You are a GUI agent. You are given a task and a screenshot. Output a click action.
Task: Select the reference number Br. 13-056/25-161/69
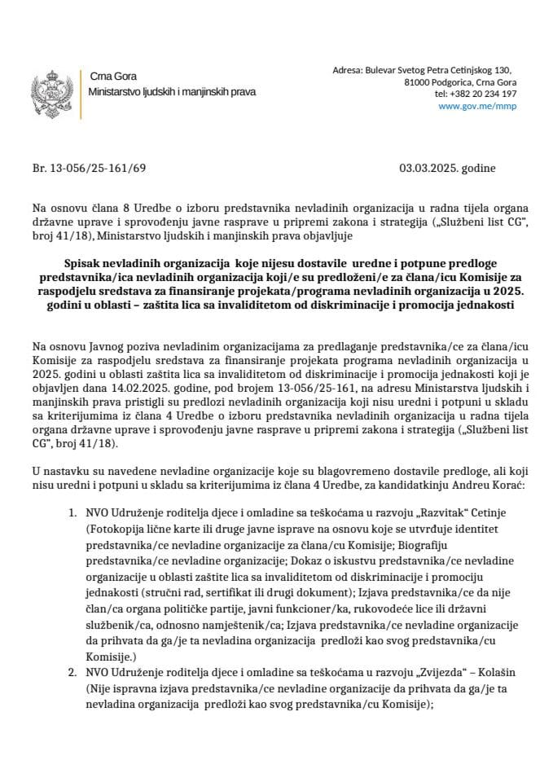click(x=89, y=169)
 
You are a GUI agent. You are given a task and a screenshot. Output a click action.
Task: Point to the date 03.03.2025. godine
click(x=447, y=169)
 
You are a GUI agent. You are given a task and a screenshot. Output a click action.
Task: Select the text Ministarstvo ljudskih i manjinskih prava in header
click(x=172, y=92)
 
